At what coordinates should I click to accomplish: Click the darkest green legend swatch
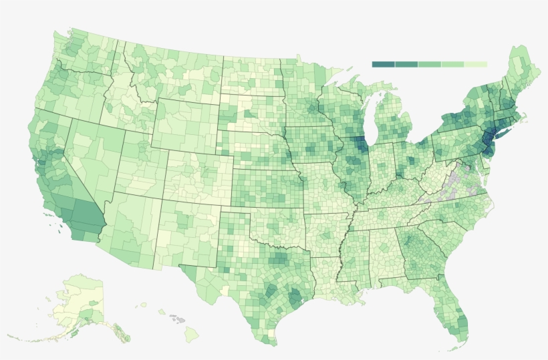[383, 64]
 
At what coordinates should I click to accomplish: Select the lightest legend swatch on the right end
[476, 64]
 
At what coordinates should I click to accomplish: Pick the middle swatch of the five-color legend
[429, 64]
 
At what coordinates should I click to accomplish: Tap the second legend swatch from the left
[406, 64]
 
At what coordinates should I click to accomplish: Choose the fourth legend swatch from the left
[452, 64]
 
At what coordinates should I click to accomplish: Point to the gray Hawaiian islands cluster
[176, 319]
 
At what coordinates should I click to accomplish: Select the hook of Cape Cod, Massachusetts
[525, 118]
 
